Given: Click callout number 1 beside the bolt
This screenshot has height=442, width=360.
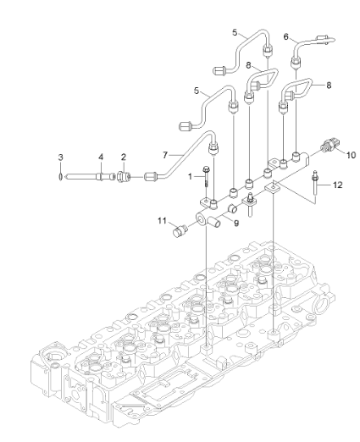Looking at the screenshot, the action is [x=190, y=177].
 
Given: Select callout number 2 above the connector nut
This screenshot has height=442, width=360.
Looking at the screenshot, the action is [x=124, y=157].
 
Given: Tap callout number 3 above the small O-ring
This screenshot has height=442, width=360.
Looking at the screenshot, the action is [x=60, y=157].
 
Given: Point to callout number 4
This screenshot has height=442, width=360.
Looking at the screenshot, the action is [x=101, y=157].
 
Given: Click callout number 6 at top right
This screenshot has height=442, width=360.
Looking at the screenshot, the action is [x=286, y=37].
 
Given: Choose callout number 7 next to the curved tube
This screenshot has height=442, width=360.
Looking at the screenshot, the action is [x=165, y=155].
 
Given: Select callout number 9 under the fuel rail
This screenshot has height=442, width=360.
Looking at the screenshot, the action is [x=236, y=224].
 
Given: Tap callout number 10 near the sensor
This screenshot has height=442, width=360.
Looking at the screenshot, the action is [x=351, y=155].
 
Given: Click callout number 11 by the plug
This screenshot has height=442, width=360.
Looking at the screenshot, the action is [x=162, y=220].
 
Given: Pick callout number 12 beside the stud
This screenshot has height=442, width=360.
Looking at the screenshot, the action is [x=338, y=185].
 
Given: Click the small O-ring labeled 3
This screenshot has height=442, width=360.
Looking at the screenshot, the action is [x=60, y=177].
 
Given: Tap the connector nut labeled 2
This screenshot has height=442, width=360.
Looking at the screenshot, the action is [x=124, y=177].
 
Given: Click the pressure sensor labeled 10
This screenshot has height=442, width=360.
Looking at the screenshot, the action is [x=330, y=145].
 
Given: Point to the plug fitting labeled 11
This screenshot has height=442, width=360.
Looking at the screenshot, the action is [x=179, y=231].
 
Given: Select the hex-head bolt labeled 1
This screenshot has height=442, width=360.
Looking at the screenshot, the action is [x=206, y=176].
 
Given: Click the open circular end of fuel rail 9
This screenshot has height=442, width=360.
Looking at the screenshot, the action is [x=202, y=218].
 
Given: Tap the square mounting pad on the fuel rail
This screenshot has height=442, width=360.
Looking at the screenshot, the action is [x=272, y=187].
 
